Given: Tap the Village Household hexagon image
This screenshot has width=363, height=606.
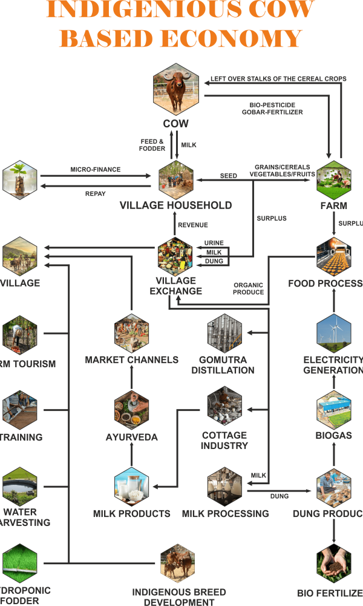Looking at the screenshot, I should tap(176, 179).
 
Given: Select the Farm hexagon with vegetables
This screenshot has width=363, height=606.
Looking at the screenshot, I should tap(334, 179).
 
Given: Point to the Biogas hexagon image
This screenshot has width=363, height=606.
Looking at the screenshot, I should tap(334, 410).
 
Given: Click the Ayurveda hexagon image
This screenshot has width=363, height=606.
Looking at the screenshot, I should tap(132, 410).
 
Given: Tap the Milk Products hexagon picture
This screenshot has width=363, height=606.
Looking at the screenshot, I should tap(132, 486).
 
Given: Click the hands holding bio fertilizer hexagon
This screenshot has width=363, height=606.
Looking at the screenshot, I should tap(334, 564).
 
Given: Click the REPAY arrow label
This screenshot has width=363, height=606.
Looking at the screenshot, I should tap(96, 195).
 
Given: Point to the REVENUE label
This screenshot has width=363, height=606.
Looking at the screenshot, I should tap(193, 225).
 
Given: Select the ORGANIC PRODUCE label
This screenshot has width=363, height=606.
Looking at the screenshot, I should tap(249, 288).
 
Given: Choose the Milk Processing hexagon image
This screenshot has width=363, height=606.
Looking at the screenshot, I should tap(224, 486).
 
